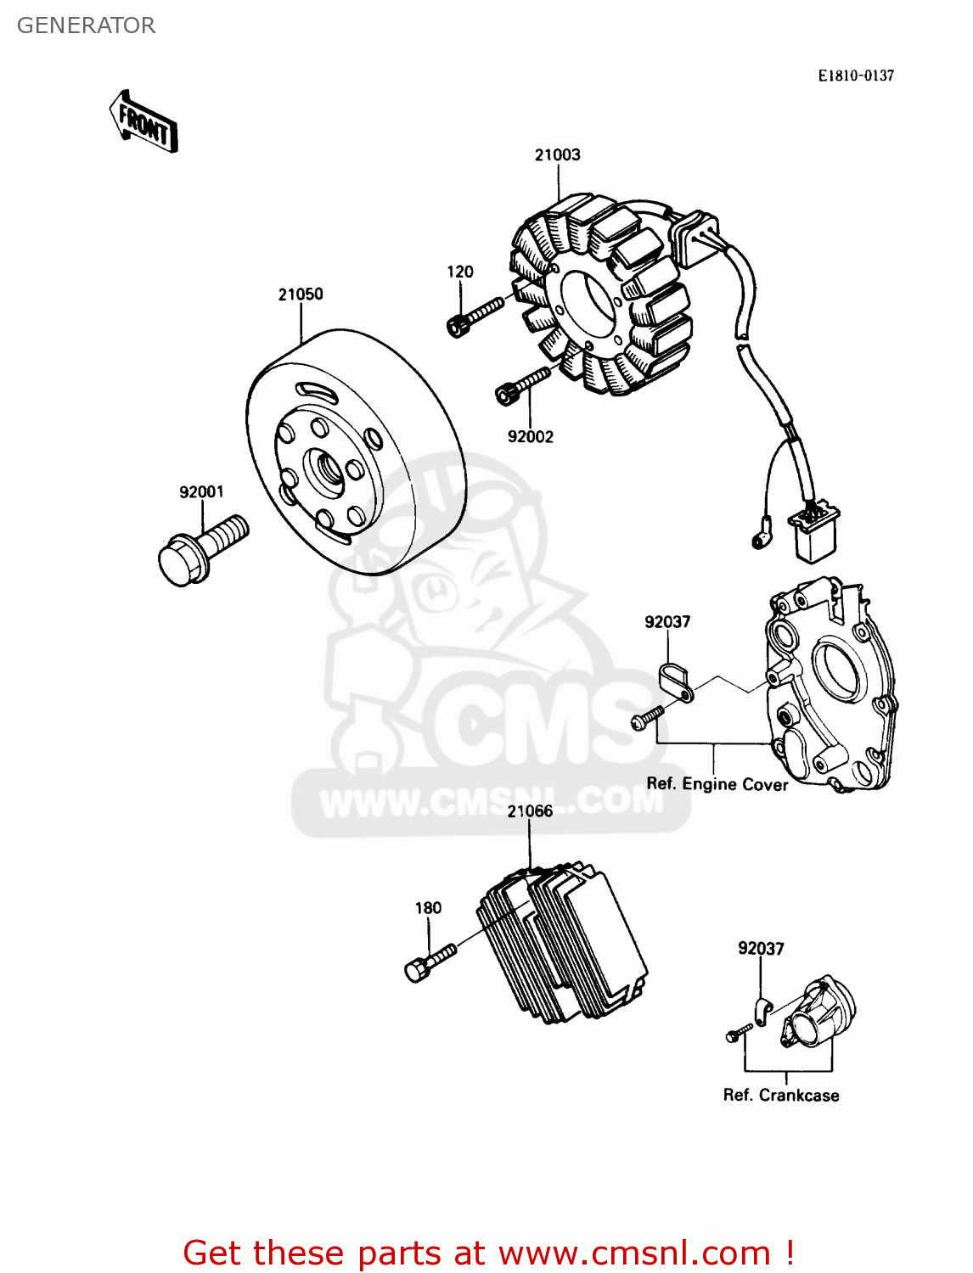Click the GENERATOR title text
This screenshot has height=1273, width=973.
[x=86, y=25]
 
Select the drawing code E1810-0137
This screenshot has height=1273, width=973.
[x=856, y=76]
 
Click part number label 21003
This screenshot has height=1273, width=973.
[x=557, y=154]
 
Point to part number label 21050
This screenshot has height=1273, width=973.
[x=301, y=294]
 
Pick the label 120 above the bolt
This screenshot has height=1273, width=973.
[x=460, y=272]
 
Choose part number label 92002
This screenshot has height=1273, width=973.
[x=530, y=436]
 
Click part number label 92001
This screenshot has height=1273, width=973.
[x=201, y=492]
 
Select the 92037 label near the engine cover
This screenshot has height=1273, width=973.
[x=667, y=622]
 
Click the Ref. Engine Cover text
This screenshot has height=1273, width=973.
[x=717, y=784]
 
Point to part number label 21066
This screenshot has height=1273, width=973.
[x=530, y=811]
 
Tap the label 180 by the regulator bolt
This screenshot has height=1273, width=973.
[x=428, y=908]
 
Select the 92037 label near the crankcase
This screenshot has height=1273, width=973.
[x=761, y=949]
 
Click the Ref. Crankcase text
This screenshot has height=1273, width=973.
[x=780, y=1096]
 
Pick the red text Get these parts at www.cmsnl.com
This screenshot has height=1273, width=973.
[x=488, y=1253]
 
